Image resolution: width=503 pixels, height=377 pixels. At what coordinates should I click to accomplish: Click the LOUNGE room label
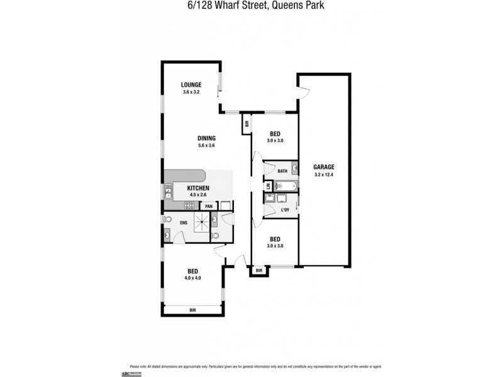pyautogui.click(x=191, y=85)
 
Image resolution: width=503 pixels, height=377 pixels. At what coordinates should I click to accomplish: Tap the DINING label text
pyautogui.click(x=206, y=138)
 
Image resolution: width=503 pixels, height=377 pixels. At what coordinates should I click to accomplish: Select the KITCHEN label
pyautogui.click(x=198, y=188)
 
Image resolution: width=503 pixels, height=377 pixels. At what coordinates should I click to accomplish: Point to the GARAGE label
pyautogui.click(x=324, y=167)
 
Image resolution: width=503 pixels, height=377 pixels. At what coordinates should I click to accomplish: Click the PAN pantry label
pyautogui.click(x=208, y=205)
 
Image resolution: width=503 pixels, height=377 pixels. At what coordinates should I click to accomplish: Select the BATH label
pyautogui.click(x=282, y=170)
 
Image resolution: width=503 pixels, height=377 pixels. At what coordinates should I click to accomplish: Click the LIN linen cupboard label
pyautogui.click(x=268, y=187)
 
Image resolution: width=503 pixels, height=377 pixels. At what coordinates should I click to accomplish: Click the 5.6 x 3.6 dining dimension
pyautogui.click(x=206, y=146)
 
